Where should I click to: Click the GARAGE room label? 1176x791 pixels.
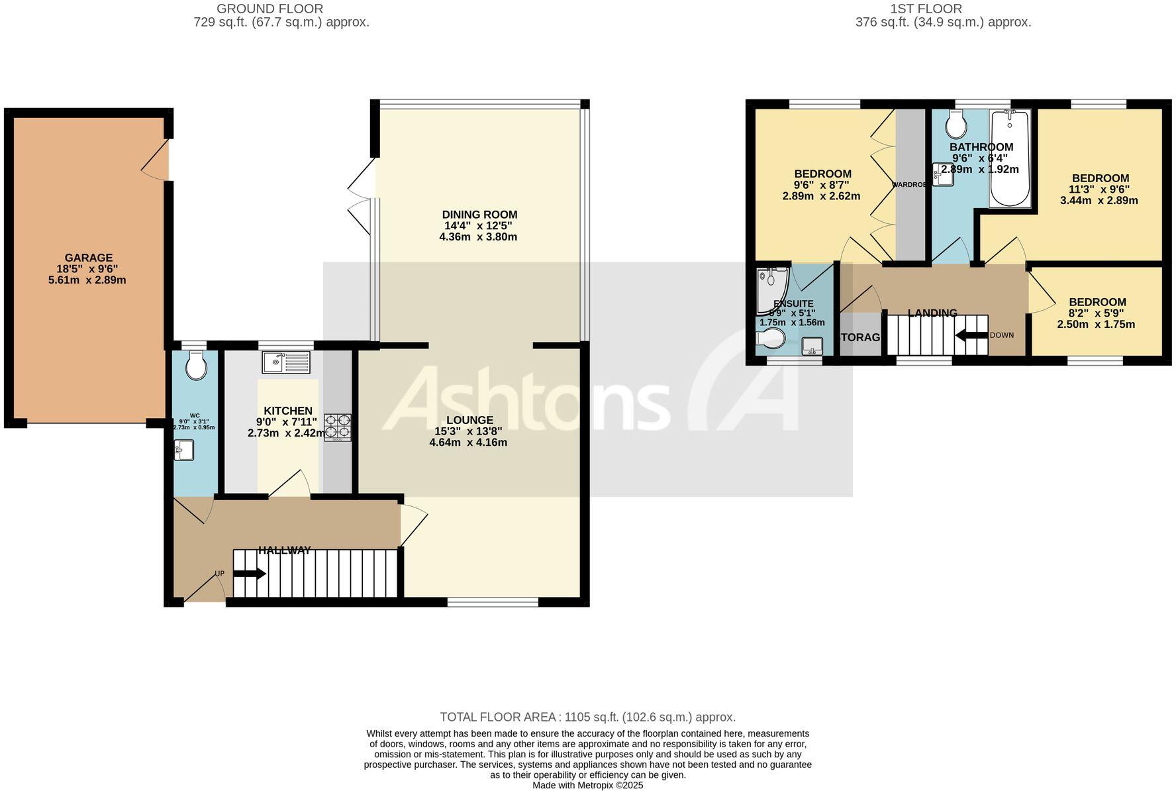tap(88, 258)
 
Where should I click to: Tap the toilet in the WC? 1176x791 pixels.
tap(196, 365)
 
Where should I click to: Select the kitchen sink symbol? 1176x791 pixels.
tap(286, 362)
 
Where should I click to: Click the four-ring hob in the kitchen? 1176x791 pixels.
tap(338, 427)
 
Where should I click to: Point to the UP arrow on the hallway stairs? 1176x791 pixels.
tap(249, 574)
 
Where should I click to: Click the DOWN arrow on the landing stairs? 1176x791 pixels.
tap(971, 335)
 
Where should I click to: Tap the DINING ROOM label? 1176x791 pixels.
tap(479, 214)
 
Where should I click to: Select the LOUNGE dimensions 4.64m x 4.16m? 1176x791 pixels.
tap(468, 443)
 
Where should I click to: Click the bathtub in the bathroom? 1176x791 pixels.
tap(1009, 159)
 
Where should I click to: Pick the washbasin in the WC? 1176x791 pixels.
tap(183, 450)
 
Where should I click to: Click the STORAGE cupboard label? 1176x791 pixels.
tap(859, 337)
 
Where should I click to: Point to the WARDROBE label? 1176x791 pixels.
tap(909, 185)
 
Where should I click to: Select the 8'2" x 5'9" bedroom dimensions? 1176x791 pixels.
tap(1096, 313)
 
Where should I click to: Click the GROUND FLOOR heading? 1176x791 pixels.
tap(269, 9)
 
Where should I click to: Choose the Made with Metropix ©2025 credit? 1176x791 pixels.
tap(587, 785)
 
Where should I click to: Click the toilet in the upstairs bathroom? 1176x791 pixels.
tap(956, 124)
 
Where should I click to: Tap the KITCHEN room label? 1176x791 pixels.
tap(287, 411)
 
